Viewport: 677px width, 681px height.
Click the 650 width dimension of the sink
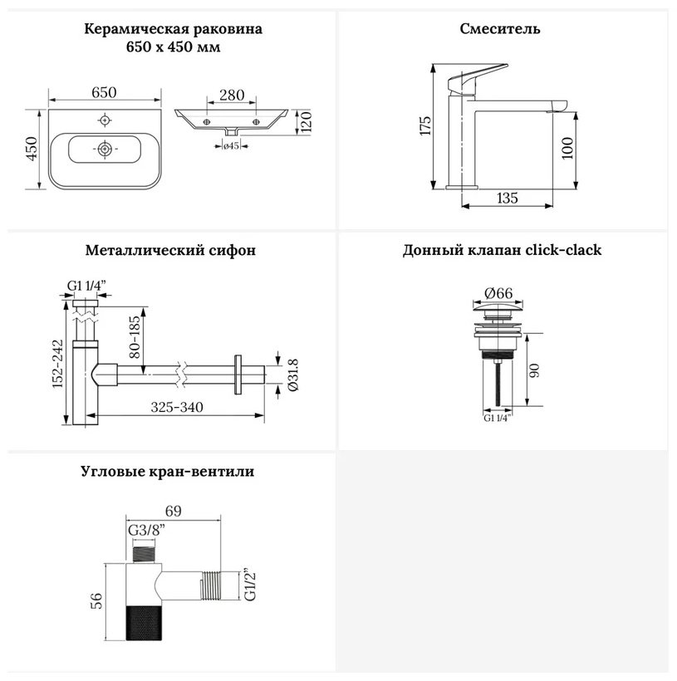(x=105, y=92)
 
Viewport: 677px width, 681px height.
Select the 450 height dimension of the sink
(x=32, y=149)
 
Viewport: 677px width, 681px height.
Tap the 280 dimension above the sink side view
(x=232, y=96)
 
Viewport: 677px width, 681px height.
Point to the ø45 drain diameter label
(x=231, y=146)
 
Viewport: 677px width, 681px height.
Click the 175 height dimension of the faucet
(x=425, y=125)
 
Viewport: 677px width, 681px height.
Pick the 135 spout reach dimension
(x=507, y=198)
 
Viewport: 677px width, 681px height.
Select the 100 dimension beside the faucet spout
(x=567, y=149)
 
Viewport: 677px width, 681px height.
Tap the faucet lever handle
(x=477, y=79)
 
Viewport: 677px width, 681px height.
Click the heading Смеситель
(x=500, y=29)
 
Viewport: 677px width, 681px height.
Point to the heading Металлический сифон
(x=170, y=251)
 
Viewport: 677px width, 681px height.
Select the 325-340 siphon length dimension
(x=177, y=408)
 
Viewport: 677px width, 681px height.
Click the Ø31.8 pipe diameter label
(x=293, y=375)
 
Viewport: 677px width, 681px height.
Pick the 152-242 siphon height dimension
(x=58, y=364)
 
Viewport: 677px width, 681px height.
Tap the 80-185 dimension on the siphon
(x=135, y=337)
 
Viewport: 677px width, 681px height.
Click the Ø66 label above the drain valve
(x=498, y=293)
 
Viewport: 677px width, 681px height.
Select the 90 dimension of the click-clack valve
(x=535, y=370)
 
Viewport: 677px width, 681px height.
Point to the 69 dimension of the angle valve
(x=173, y=511)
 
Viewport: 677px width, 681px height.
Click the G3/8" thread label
(x=146, y=531)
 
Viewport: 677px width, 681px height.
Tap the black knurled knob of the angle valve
(x=144, y=622)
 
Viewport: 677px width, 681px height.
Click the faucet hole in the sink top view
(x=105, y=120)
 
